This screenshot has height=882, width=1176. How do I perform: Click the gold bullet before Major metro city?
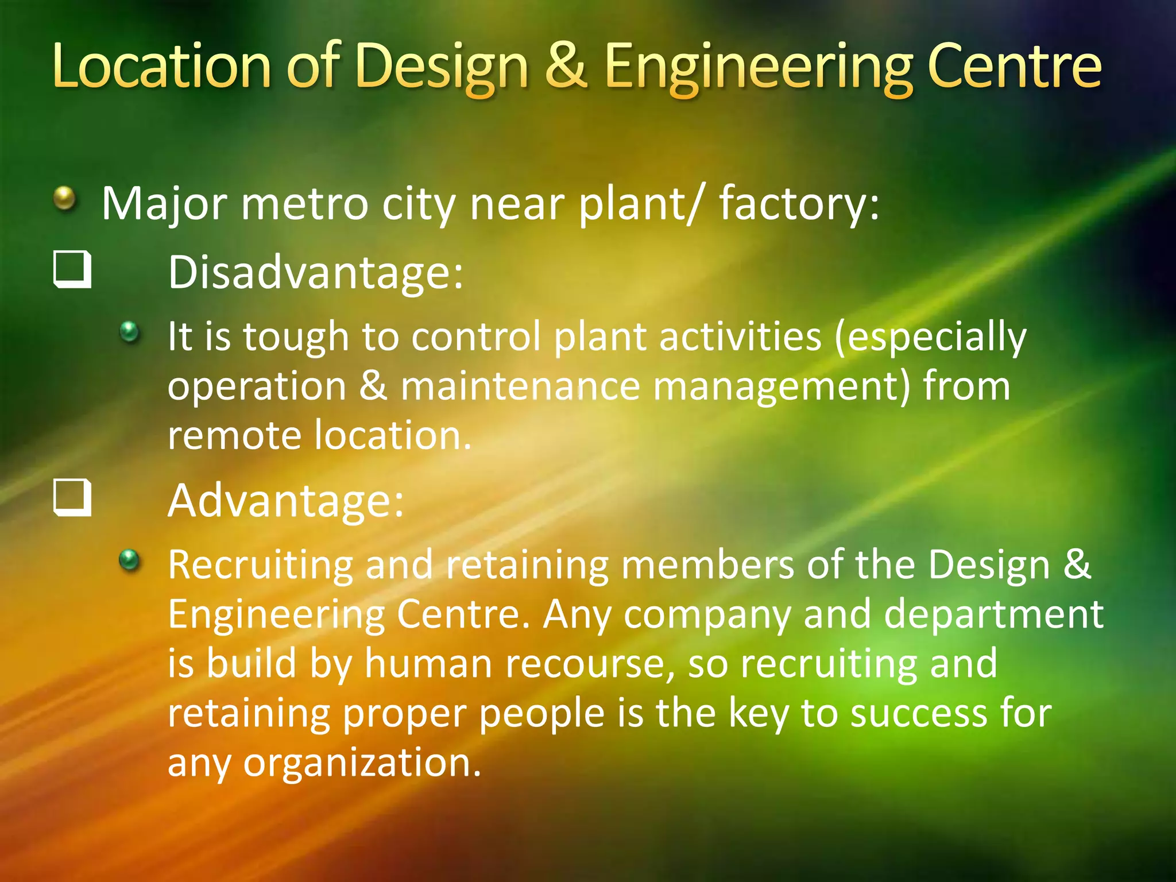tap(65, 199)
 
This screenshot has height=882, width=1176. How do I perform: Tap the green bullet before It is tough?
tap(130, 331)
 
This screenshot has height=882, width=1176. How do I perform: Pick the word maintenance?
tap(520, 386)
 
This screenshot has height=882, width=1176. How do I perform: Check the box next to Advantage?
tap(72, 498)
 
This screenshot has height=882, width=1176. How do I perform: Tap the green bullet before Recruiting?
tap(130, 559)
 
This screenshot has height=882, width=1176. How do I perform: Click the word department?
tap(993, 614)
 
